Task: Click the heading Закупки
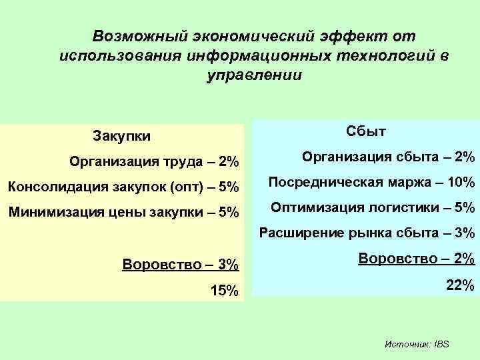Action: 122,136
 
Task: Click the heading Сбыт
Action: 366,131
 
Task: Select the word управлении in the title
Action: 255,75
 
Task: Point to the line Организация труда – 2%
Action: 154,161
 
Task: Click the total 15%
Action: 223,291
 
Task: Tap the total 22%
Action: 460,285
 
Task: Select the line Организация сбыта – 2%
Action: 388,157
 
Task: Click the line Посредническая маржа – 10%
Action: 371,182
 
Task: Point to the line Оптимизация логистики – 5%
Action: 373,207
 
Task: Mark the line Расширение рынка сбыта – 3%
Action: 367,233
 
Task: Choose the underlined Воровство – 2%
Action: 416,258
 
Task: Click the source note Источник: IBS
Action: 417,344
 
